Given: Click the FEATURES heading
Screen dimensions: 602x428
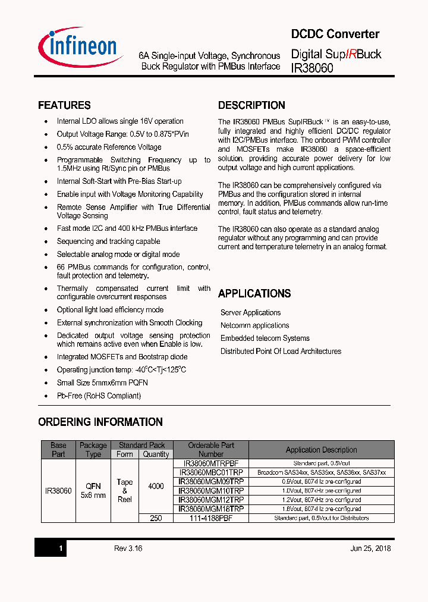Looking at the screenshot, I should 64,105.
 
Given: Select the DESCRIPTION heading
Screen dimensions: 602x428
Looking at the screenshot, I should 251,105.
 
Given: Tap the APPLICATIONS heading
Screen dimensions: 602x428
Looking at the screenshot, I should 254,293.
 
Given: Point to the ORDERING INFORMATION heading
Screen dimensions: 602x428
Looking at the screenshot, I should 100,422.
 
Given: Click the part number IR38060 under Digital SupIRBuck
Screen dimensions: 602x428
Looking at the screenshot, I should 312,68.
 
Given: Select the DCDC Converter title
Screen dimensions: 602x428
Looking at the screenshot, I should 335,34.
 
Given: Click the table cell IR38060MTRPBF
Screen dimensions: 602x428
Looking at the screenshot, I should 211,463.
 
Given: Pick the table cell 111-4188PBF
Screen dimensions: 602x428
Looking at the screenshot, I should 211,518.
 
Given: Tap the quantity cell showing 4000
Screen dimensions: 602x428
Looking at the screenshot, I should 156,486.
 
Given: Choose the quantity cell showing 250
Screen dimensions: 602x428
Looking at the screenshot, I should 156,518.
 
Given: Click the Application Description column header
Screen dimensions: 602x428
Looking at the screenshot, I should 321,450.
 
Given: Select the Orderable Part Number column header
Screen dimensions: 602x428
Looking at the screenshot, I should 211,449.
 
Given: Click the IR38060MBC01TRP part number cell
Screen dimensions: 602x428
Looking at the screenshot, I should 211,472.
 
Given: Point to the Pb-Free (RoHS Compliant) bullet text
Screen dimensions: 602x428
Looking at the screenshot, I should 99,396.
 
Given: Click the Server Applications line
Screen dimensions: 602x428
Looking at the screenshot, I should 250,312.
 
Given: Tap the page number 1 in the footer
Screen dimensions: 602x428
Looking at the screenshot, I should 61,548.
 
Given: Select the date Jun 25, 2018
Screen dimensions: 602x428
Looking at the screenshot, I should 370,548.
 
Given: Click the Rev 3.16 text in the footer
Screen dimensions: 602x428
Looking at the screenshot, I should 128,548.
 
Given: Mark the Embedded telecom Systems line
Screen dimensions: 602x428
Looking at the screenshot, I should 265,338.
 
